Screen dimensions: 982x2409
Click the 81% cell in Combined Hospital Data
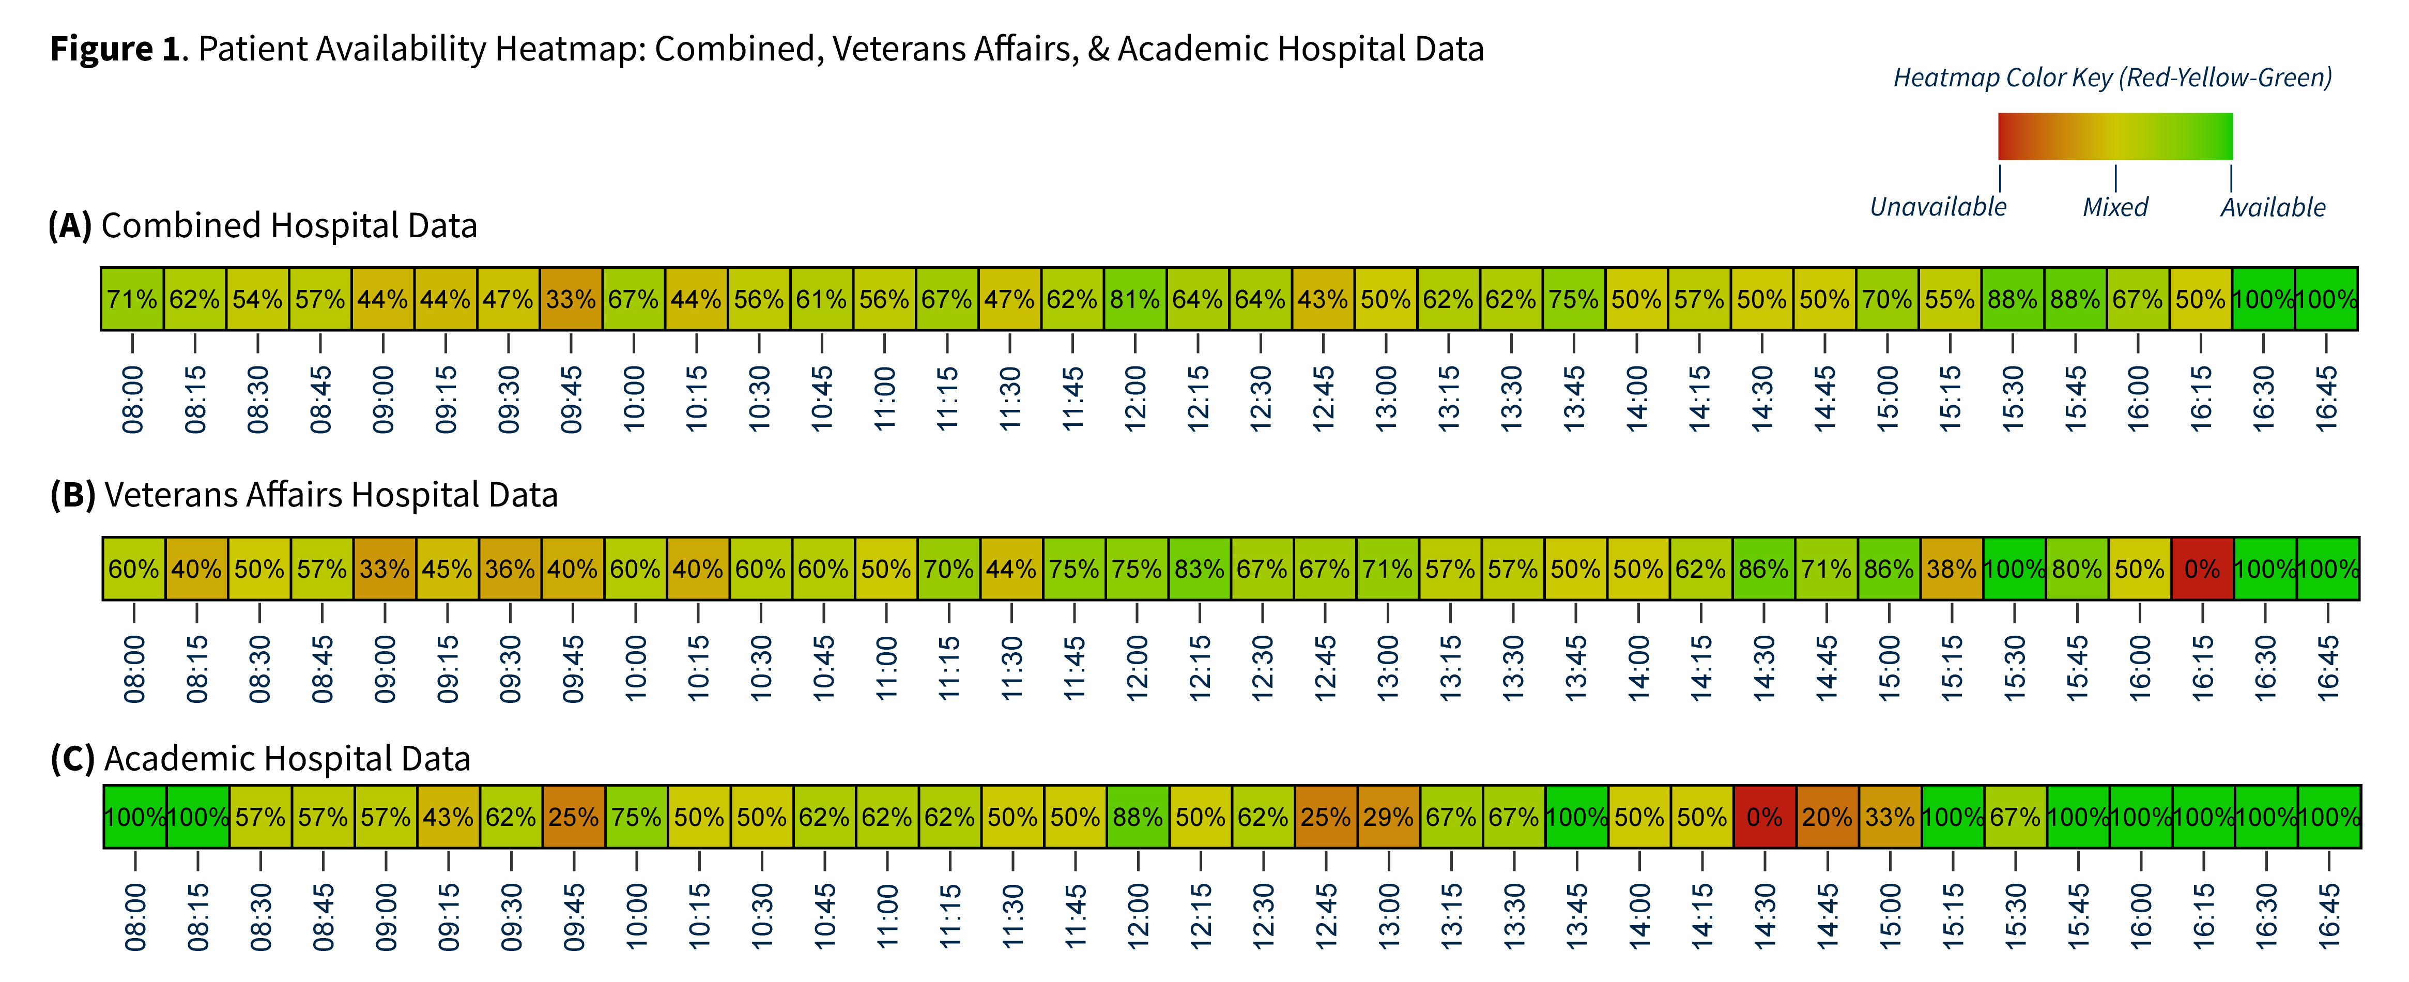click(x=1134, y=299)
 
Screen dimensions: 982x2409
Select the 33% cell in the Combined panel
click(x=571, y=299)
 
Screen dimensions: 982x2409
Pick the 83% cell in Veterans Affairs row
click(x=1200, y=569)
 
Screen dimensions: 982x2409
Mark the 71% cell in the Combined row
click(x=132, y=299)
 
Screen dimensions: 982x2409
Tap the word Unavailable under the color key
click(x=1938, y=207)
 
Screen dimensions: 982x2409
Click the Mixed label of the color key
click(x=2115, y=207)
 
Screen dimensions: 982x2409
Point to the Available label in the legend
click(x=2273, y=207)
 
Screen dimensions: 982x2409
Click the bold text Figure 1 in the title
click(x=114, y=49)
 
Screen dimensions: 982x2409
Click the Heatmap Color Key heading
click(x=2112, y=78)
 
